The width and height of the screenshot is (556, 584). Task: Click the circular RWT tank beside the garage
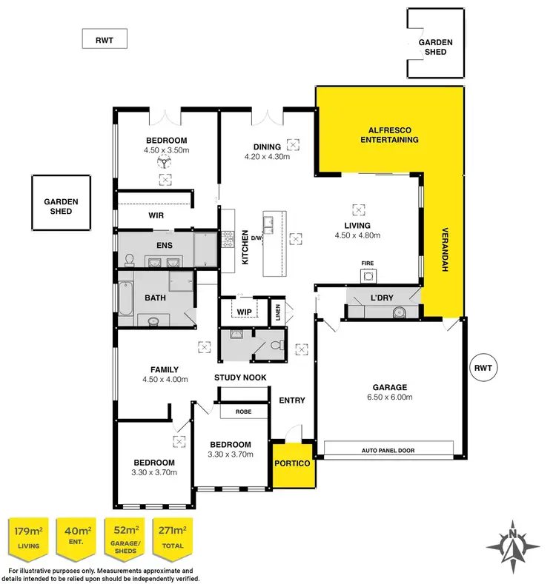click(483, 368)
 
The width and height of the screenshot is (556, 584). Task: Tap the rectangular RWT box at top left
click(105, 38)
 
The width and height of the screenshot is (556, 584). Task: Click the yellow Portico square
click(291, 464)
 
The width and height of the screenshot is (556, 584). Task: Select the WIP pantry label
click(242, 311)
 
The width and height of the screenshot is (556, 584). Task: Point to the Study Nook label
click(241, 378)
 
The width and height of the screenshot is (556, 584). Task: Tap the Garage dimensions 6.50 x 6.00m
click(389, 397)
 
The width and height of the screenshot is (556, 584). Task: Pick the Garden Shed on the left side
click(61, 206)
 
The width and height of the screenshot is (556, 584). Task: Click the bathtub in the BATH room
click(125, 299)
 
